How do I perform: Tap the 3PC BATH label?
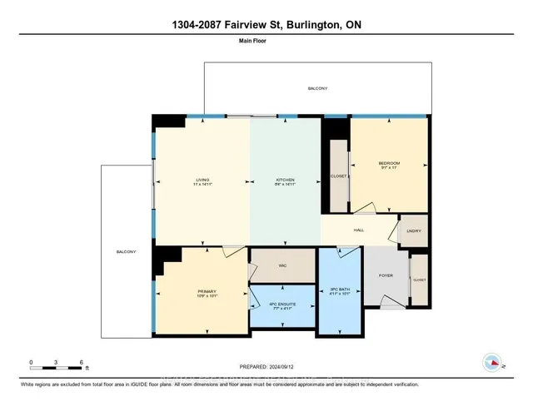pos(340,290)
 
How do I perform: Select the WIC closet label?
pos(282,265)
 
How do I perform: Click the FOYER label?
pos(386,275)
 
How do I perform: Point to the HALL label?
pos(358,230)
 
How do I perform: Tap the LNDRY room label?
pos(413,231)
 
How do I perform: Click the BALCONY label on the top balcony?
pos(317,88)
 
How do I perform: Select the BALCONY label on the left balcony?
pos(126,251)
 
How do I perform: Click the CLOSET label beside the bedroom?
pos(338,176)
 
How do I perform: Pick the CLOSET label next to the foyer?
pos(418,280)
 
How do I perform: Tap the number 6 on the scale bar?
pos(81,363)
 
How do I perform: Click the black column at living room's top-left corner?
pos(169,121)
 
